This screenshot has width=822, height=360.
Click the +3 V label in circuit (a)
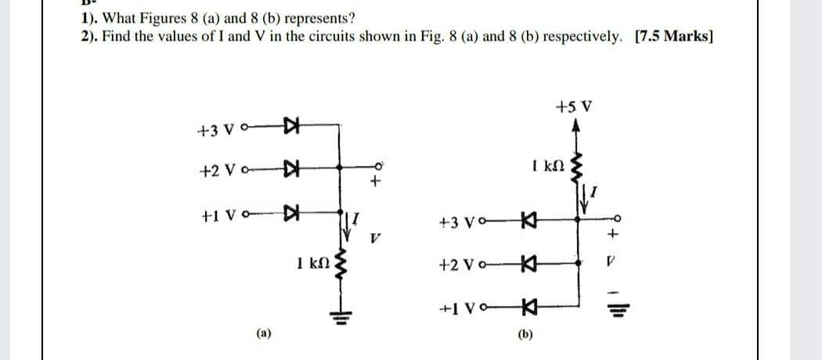(213, 129)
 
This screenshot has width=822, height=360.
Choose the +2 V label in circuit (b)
(470, 265)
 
